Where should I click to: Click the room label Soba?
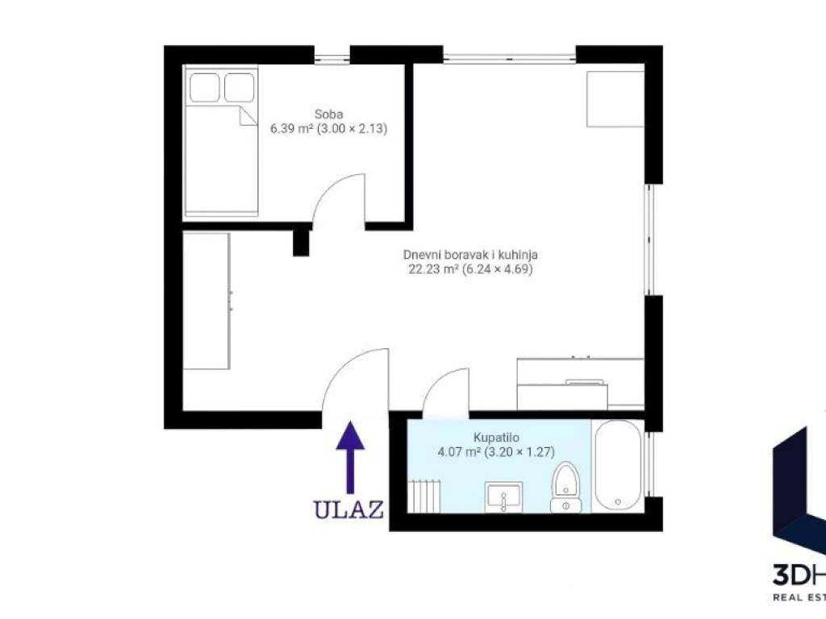329,114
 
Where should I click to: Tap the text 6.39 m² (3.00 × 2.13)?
329,128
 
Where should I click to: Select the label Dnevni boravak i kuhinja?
470,255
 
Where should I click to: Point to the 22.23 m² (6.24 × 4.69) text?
471,269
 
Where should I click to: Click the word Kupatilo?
496,438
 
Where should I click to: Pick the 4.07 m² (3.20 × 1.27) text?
496,451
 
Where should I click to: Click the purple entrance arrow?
350,457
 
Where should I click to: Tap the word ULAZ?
348,509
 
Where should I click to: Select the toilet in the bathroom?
565,488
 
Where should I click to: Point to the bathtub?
617,465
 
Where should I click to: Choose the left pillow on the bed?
204,87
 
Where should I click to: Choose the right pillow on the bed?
239,87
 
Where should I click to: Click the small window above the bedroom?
332,56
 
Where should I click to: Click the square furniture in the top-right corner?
615,99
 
